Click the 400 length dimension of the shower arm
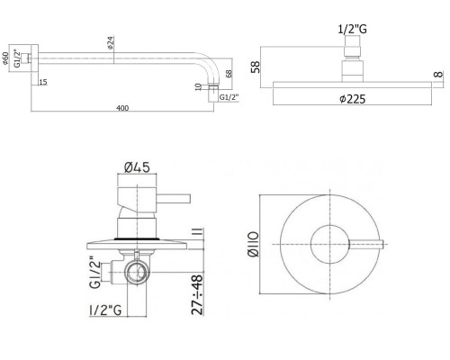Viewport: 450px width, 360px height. (122, 109)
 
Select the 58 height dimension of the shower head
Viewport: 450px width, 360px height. (257, 67)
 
